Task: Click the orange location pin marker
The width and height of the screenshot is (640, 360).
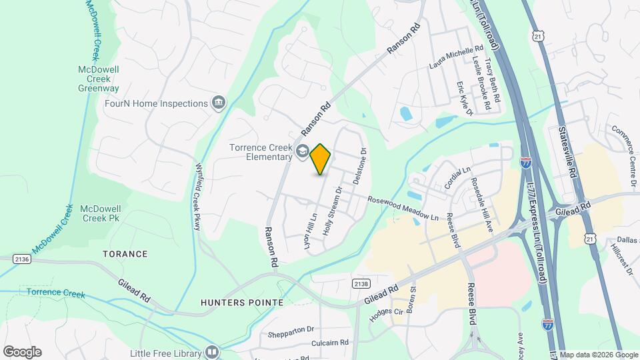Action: (x=321, y=159)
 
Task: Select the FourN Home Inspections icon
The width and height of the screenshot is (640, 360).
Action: (x=218, y=103)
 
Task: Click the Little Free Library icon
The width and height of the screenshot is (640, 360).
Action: (x=212, y=351)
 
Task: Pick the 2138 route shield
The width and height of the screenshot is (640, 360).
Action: (x=361, y=284)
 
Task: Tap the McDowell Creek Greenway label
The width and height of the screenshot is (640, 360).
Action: (x=98, y=79)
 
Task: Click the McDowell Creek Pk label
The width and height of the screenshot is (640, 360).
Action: (x=100, y=213)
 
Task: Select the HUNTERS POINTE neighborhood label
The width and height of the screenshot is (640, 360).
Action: (x=242, y=303)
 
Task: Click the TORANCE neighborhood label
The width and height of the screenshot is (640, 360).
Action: (x=125, y=254)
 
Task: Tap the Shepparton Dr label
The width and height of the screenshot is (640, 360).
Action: (x=292, y=329)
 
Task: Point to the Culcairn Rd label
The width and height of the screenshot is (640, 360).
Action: (x=330, y=343)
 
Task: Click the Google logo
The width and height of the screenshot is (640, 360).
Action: (x=22, y=351)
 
